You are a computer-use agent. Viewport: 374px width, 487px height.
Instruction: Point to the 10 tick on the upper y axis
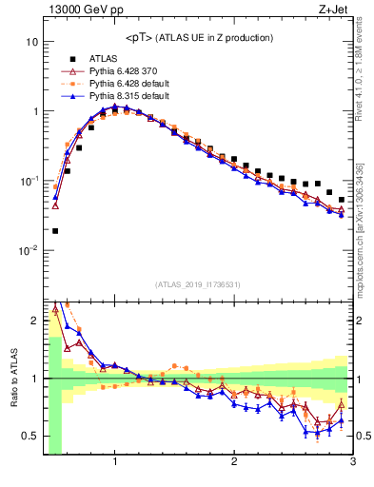(31, 43)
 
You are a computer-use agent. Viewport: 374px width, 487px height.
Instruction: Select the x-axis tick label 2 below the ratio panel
(234, 463)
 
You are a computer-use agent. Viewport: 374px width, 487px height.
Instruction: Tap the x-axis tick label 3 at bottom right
(352, 463)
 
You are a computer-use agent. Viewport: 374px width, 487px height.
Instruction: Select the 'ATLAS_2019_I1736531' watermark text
(198, 284)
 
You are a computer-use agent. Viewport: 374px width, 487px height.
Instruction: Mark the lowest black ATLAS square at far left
(55, 231)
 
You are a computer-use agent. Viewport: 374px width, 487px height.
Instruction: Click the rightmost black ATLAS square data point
(341, 200)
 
